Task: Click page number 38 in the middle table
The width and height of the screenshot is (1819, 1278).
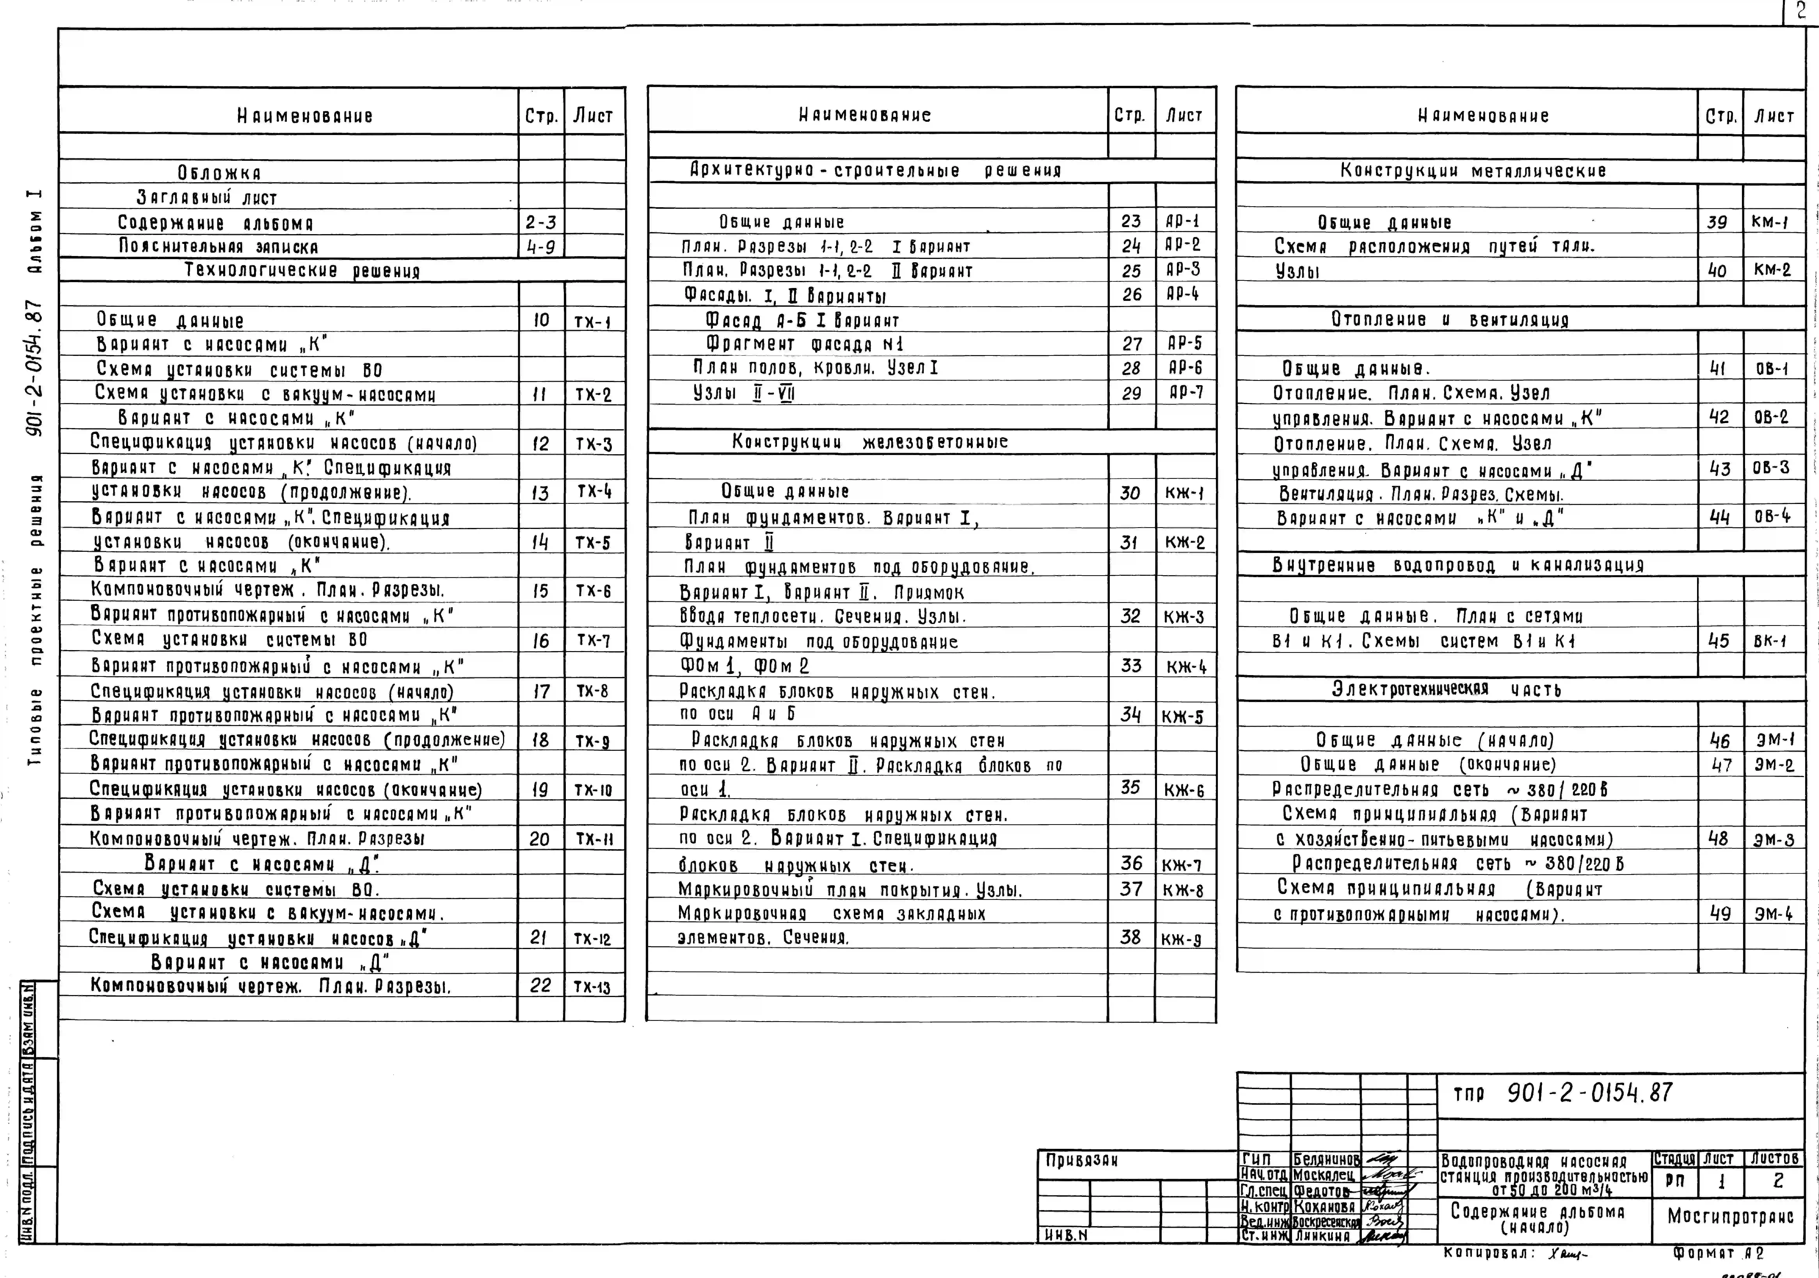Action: [1130, 937]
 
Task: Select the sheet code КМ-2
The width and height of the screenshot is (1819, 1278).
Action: [1772, 269]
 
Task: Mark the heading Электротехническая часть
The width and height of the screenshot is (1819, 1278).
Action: [1446, 689]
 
